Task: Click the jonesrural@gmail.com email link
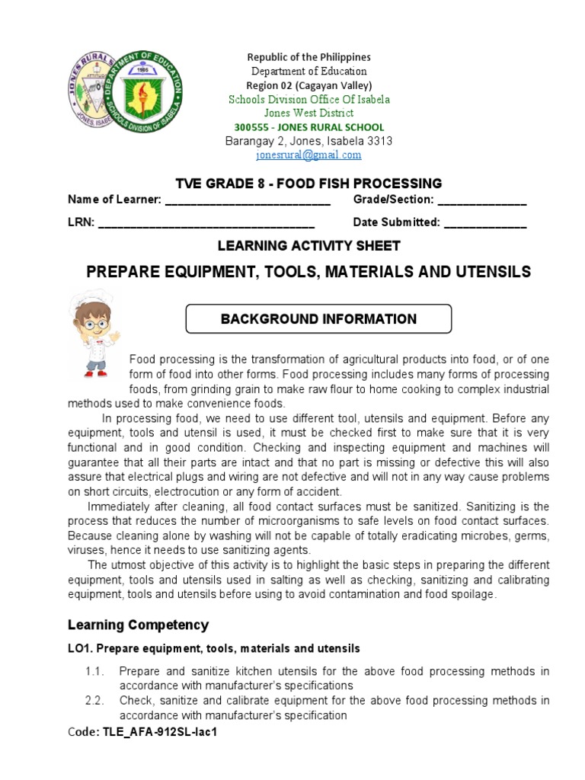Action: point(308,155)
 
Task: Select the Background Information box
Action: point(318,319)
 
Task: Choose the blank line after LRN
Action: point(206,223)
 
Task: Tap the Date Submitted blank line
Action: point(484,223)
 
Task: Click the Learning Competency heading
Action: point(138,625)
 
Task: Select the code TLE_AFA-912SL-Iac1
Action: point(164,730)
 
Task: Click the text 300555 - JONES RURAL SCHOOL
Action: point(308,127)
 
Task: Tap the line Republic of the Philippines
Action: point(308,57)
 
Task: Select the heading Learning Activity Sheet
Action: point(308,246)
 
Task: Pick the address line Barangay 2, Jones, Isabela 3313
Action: point(308,141)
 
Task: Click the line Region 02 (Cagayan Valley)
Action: point(308,85)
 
